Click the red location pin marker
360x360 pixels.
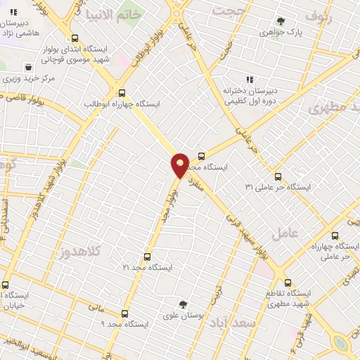point(181,165)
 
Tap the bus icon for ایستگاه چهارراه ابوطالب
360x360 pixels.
point(122,92)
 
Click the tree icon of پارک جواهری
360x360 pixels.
point(281,21)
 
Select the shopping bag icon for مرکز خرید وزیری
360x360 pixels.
point(27,67)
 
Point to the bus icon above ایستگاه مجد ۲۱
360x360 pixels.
point(147,257)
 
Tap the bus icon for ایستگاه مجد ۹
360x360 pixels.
point(125,313)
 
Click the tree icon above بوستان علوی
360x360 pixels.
point(183,304)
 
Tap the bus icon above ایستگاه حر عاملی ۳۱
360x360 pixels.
point(278,176)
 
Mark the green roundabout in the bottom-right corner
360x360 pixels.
point(342,342)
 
